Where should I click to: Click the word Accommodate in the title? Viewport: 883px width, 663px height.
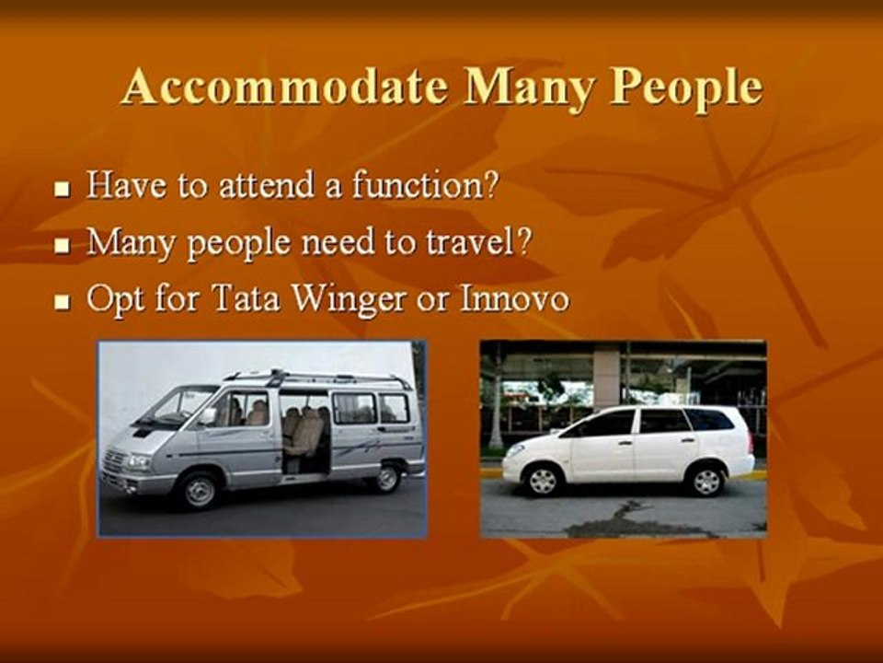click(x=285, y=87)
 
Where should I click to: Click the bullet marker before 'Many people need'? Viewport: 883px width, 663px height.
click(x=62, y=247)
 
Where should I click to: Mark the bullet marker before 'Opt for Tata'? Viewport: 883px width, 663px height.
click(x=62, y=303)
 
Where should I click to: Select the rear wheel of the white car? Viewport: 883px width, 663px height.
click(x=706, y=480)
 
